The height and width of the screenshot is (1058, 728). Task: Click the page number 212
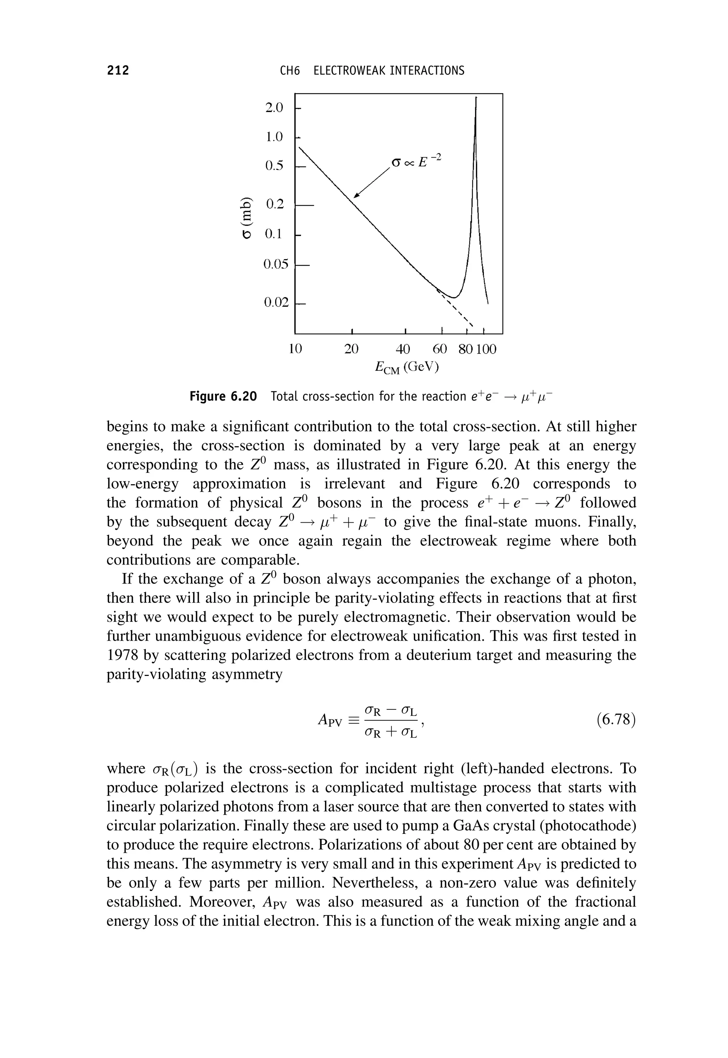pyautogui.click(x=118, y=70)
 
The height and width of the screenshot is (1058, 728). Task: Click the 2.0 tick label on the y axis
pyautogui.click(x=274, y=108)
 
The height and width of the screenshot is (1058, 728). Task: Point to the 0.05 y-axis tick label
pyautogui.click(x=276, y=264)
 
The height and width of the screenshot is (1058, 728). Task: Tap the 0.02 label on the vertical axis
pyautogui.click(x=277, y=302)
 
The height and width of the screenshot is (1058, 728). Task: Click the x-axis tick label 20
pyautogui.click(x=351, y=349)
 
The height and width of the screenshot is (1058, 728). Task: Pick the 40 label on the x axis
pyautogui.click(x=403, y=349)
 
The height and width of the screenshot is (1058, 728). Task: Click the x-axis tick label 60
pyautogui.click(x=440, y=349)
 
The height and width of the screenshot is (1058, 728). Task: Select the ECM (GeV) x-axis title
pyautogui.click(x=406, y=367)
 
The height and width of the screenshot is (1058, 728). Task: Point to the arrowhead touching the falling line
pyautogui.click(x=357, y=195)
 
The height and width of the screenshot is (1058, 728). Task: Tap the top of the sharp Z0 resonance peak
pyautogui.click(x=476, y=99)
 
